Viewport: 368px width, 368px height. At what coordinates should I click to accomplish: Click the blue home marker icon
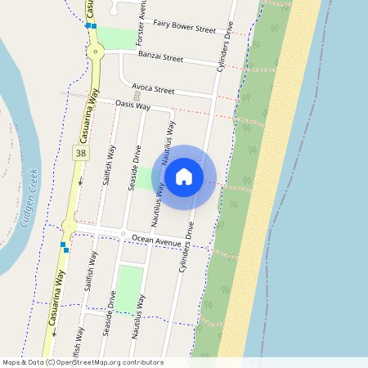tap(184, 177)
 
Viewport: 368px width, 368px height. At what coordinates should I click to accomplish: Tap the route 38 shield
tap(79, 153)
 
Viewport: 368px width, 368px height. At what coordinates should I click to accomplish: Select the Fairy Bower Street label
tap(184, 29)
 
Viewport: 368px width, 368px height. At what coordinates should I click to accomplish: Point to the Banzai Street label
tap(160, 58)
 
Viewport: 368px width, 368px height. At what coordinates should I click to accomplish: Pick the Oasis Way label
tap(132, 105)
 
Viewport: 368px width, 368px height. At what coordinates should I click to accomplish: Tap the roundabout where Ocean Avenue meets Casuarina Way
tap(69, 224)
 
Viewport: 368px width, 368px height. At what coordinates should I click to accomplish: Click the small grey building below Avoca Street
tap(136, 96)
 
